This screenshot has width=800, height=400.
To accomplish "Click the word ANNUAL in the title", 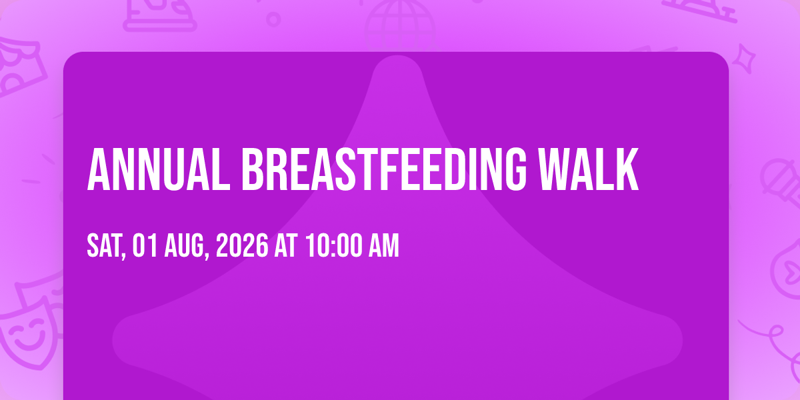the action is pos(159,169).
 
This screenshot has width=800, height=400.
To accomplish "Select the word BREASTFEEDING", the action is pos(384,169).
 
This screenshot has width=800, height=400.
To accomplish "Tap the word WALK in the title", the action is pos(589,169).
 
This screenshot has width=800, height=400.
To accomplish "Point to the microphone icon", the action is pos(781,182).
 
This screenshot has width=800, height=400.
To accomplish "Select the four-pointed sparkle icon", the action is pos(744,59).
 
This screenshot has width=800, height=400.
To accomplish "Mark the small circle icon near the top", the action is pos(273,19).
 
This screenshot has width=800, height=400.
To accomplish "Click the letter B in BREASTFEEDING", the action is pos(253,169).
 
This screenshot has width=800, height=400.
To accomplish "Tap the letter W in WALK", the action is pos(555,169).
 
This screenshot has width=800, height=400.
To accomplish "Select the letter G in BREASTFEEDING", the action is pos(515,169).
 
